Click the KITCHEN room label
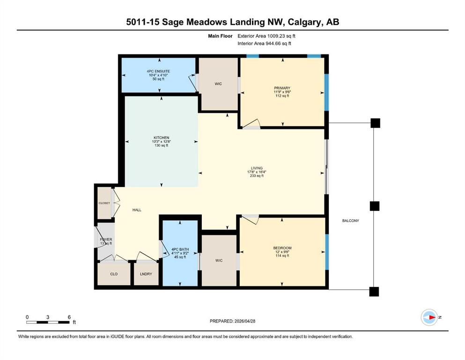pos(162,138)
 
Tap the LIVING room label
pos(257,168)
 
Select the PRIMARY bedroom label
pos(282,88)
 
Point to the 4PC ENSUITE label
pos(158,71)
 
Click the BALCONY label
pos(351,221)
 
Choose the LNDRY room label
pos(146,274)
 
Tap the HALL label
pos(137,210)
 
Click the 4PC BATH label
pos(180,249)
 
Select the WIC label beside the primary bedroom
pos(218,84)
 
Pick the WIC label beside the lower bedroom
pos(219,261)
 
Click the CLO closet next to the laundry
pos(114,274)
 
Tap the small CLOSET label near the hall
pos(104,203)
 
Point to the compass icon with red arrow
pos(429,317)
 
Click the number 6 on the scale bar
pos(69,317)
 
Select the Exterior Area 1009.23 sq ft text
pos(266,36)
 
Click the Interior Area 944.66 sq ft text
pos(264,44)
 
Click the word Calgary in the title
pos(304,22)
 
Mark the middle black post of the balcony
pos(375,206)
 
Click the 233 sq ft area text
pos(257,176)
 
